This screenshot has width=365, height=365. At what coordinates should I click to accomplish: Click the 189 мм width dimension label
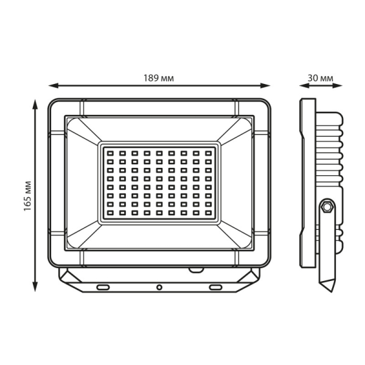pos(158,78)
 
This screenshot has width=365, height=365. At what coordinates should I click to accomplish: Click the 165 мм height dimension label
pos(28,196)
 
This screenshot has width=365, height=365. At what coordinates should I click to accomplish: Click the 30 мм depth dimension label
pos(321,78)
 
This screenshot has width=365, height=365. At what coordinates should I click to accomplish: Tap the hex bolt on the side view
pos(327,206)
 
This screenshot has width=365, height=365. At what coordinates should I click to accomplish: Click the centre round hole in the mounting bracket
pos(159,287)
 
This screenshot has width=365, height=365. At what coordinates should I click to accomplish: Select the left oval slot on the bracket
pos(103,287)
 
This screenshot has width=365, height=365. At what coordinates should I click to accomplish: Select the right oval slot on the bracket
pos(215,287)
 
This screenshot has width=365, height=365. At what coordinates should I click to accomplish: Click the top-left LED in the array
pos(110,153)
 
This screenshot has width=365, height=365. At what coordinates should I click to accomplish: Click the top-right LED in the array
pos(209,153)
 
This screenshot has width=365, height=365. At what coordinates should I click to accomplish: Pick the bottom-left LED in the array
pos(110,212)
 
